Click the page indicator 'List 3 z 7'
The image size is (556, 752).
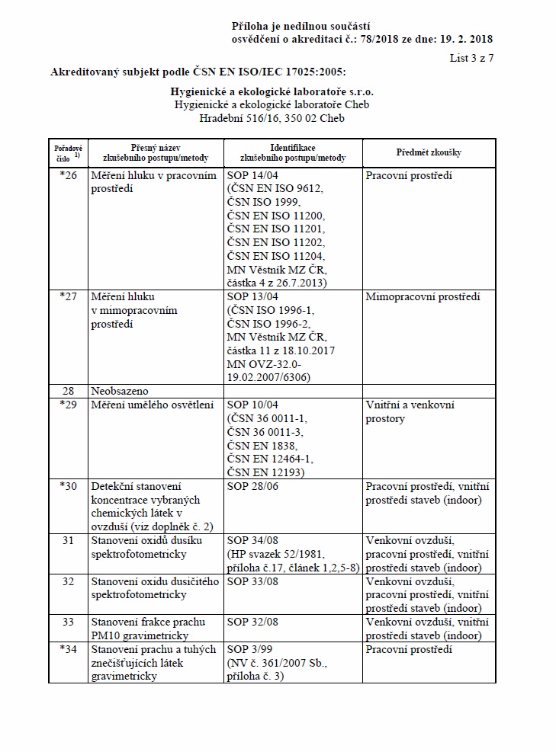(471, 58)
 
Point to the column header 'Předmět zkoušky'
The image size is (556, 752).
(429, 152)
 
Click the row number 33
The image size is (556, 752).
(69, 622)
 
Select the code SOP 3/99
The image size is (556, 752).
(251, 650)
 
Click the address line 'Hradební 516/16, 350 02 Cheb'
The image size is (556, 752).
(272, 119)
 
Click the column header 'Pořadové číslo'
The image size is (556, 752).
(69, 152)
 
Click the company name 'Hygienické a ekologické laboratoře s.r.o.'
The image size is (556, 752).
(272, 91)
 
